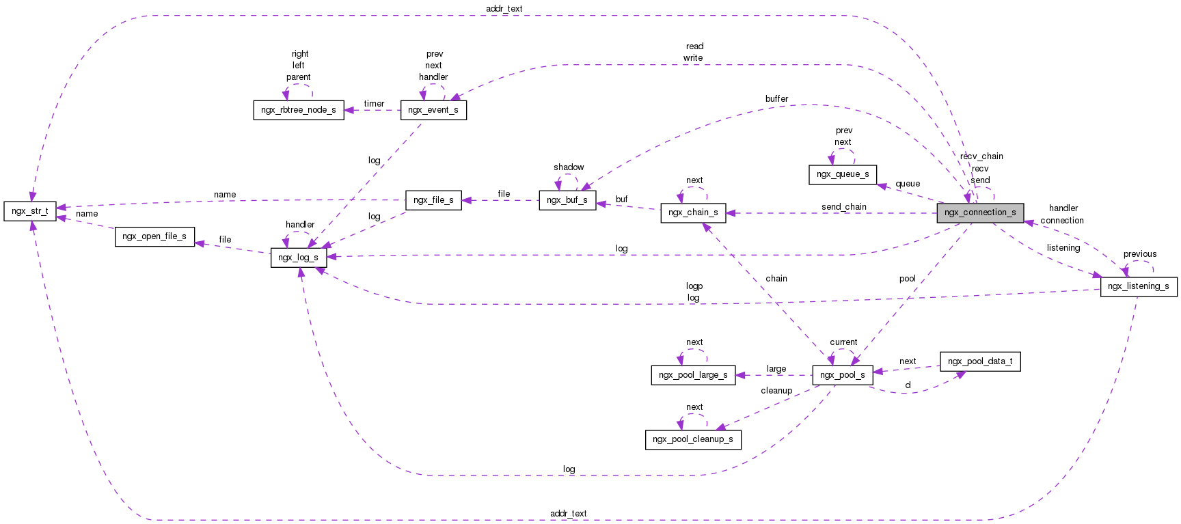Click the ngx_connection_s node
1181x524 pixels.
[x=980, y=212]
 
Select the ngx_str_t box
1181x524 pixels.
[x=29, y=211]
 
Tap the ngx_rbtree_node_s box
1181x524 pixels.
[x=299, y=110]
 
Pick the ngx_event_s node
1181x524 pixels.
[x=433, y=110]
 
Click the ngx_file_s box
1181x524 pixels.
[x=433, y=200]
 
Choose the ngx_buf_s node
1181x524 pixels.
[x=567, y=200]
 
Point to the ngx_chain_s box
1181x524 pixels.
[x=693, y=212]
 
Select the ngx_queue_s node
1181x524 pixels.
[x=843, y=174]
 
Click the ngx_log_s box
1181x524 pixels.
[x=298, y=258]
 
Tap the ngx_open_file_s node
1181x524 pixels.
[x=154, y=236]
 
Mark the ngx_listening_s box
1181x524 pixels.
[x=1139, y=286]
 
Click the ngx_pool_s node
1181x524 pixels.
[x=842, y=375]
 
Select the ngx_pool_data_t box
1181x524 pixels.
[x=980, y=361]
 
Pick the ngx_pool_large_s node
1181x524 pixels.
[x=693, y=375]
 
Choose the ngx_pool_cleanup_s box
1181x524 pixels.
[x=693, y=439]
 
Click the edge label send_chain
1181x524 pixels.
[x=844, y=207]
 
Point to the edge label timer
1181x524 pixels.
[x=374, y=104]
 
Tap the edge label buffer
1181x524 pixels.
[x=776, y=99]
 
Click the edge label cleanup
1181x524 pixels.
[x=776, y=391]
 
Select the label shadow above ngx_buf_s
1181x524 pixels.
[x=569, y=167]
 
